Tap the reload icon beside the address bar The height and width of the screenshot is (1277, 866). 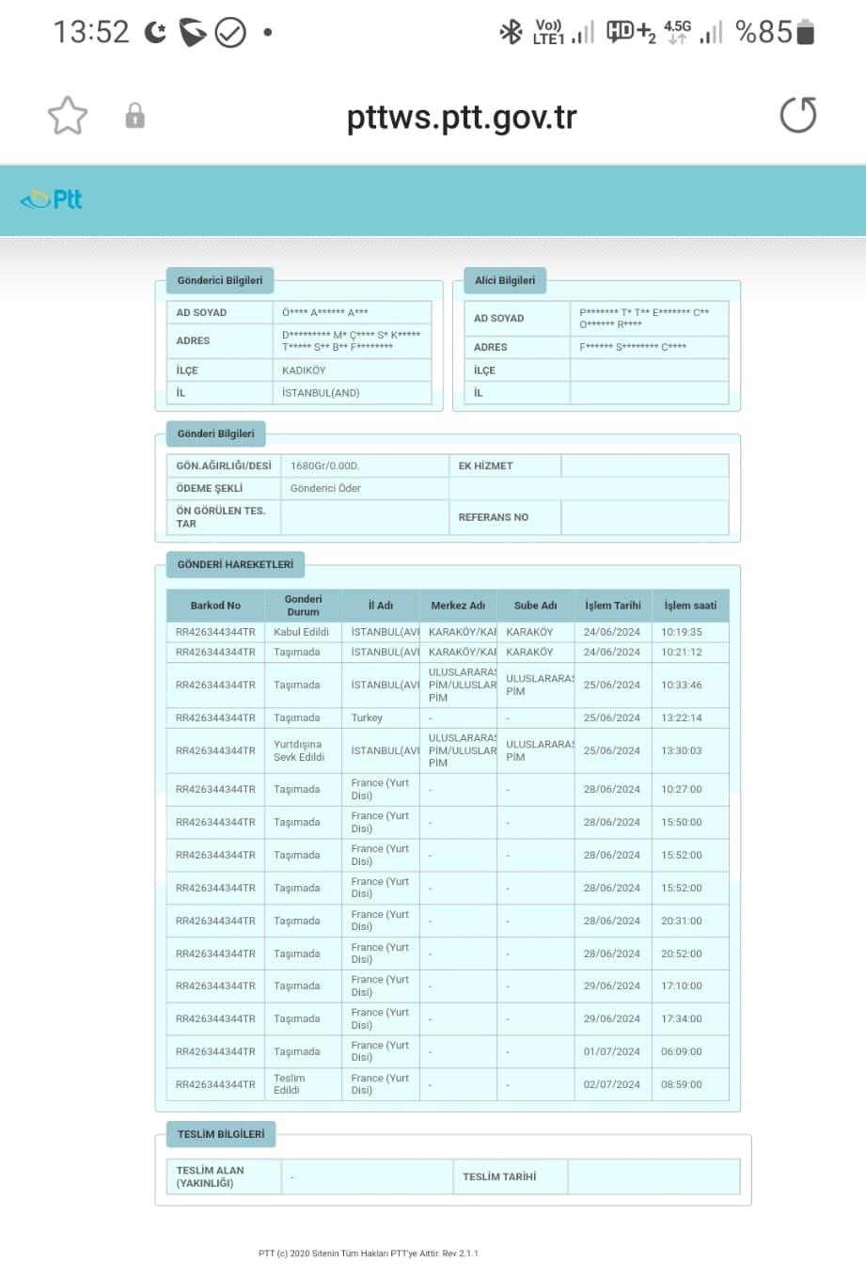797,116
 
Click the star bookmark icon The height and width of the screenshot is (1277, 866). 68,116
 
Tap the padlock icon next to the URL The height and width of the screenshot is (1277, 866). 135,116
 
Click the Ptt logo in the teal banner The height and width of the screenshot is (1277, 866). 53,199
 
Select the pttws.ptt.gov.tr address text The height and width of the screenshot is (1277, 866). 461,118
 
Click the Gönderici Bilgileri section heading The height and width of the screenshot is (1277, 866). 220,280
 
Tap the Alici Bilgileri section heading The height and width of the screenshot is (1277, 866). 505,280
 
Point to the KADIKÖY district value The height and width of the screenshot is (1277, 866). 304,370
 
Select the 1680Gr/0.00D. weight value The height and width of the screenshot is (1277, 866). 324,465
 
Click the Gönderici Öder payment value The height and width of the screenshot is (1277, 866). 325,488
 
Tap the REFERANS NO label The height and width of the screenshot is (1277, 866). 494,517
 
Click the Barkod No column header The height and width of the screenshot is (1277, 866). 215,606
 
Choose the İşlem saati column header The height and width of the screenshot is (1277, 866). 690,606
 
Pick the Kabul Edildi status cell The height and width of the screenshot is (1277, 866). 301,632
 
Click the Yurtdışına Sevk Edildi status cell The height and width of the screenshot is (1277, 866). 299,750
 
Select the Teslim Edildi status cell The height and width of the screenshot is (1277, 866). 289,1084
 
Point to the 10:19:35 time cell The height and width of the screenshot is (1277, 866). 681,632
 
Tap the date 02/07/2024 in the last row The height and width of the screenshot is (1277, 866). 611,1084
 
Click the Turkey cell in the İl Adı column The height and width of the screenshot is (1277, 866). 367,717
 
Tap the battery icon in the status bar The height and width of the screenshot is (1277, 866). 805,32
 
